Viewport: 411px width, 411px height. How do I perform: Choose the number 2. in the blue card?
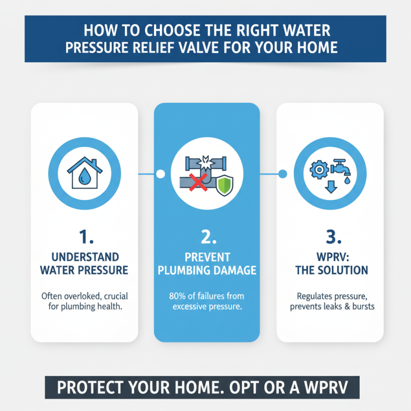tap(207, 237)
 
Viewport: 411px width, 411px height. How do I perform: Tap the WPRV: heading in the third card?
tap(329, 256)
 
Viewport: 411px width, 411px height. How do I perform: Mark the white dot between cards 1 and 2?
tap(160, 174)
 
